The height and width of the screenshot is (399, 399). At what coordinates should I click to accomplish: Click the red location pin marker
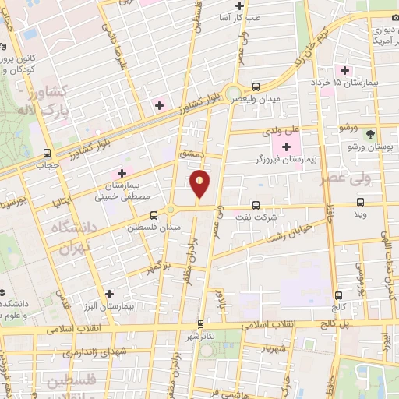pos(200,184)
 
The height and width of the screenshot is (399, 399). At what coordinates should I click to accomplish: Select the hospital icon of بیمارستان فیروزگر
pos(287,147)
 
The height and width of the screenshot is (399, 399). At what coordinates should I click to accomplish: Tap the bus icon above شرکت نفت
pos(256,206)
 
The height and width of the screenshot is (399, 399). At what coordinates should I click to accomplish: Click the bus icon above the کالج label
pos(337,295)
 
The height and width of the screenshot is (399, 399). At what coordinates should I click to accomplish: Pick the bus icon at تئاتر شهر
pos(200,323)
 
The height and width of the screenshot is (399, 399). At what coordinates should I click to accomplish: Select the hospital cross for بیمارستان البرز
pos(110,295)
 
